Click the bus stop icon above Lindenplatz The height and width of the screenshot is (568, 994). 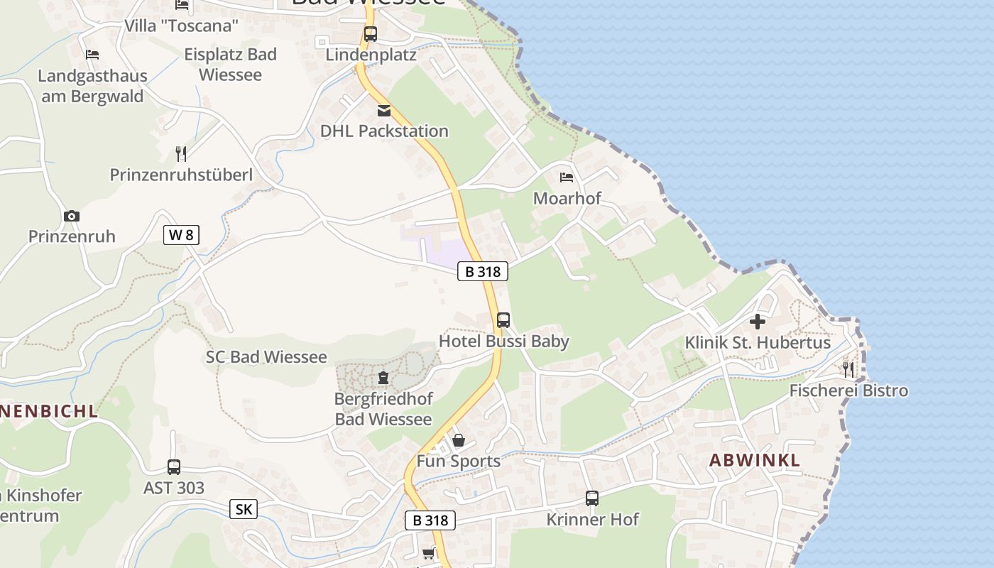pyautogui.click(x=370, y=33)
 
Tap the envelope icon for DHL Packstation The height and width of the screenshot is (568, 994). pyautogui.click(x=384, y=111)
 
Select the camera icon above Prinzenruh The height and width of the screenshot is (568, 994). pyautogui.click(x=72, y=216)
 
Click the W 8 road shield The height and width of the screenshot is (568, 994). pyautogui.click(x=181, y=235)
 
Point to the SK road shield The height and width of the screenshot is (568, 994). pyautogui.click(x=244, y=509)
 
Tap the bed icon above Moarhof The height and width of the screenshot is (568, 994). pyautogui.click(x=567, y=177)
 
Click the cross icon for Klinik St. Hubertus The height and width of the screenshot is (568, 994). pyautogui.click(x=758, y=322)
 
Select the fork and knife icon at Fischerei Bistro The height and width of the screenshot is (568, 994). pyautogui.click(x=848, y=369)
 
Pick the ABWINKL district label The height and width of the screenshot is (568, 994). pyautogui.click(x=755, y=460)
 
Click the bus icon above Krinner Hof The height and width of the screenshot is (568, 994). pyautogui.click(x=592, y=498)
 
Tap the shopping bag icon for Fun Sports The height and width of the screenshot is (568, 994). pyautogui.click(x=459, y=440)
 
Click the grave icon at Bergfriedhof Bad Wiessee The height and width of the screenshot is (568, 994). pyautogui.click(x=383, y=378)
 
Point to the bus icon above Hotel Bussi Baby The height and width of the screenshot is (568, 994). pyautogui.click(x=503, y=319)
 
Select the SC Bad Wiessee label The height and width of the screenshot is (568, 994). pyautogui.click(x=266, y=357)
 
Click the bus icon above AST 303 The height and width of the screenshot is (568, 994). pyautogui.click(x=174, y=466)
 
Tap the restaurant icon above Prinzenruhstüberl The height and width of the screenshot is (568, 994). pyautogui.click(x=181, y=153)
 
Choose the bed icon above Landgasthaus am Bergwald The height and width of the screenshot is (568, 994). pyautogui.click(x=92, y=55)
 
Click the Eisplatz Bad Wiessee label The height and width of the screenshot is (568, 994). pyautogui.click(x=230, y=65)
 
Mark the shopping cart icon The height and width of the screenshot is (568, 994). pyautogui.click(x=428, y=553)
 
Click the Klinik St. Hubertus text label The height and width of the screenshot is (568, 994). pyautogui.click(x=758, y=343)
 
